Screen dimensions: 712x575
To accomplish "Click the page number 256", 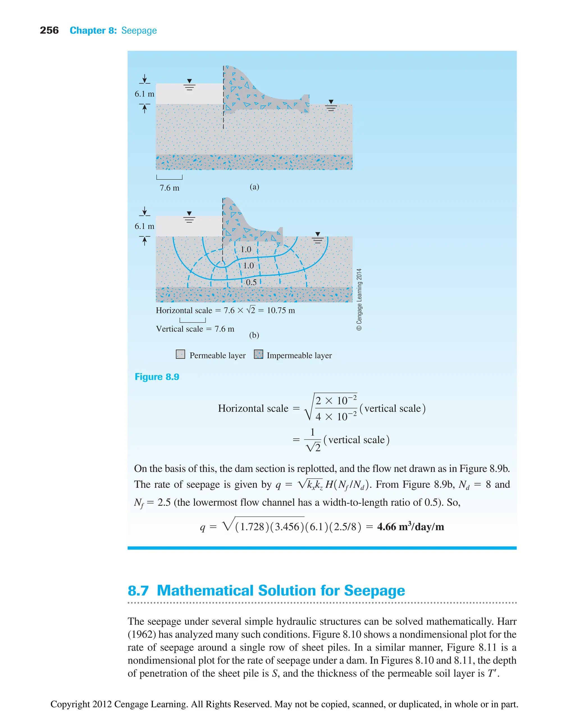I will (x=49, y=31).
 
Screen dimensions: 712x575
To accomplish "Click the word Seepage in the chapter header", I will (x=139, y=31).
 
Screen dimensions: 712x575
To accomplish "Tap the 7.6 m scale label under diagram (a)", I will (x=169, y=188).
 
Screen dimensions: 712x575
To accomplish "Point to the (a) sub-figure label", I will (x=254, y=187).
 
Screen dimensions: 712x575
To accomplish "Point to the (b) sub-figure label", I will (x=254, y=335).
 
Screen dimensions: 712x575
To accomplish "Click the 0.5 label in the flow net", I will (x=251, y=282).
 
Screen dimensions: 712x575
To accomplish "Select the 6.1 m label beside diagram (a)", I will (x=144, y=94).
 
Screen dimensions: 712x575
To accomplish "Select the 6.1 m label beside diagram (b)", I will (x=144, y=226).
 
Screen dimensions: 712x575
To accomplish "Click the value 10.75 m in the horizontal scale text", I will (x=280, y=310).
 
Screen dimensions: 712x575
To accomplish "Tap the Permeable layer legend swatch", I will (x=181, y=354).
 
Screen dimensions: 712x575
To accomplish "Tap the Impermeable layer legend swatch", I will (x=258, y=354).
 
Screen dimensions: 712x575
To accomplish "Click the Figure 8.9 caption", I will (x=157, y=377).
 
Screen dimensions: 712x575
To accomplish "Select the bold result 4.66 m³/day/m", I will (x=410, y=526).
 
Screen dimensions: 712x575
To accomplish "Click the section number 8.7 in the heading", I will (x=138, y=591).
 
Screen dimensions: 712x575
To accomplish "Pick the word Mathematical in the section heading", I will (x=205, y=591).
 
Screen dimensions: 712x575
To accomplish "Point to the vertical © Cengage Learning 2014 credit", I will (x=359, y=299).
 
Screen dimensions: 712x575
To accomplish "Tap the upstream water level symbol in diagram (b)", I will (x=189, y=217).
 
